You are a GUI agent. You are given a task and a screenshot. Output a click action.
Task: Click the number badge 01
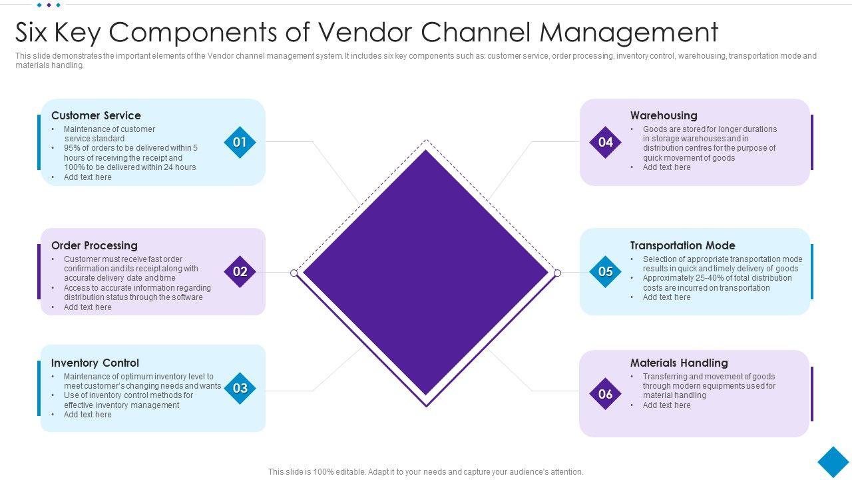click(240, 142)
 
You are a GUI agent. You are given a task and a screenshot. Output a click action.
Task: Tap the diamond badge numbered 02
click(240, 271)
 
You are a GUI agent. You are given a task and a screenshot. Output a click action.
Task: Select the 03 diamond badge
click(240, 388)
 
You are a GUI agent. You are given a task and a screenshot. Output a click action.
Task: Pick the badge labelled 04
click(605, 142)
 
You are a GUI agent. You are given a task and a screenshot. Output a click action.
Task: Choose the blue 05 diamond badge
click(605, 271)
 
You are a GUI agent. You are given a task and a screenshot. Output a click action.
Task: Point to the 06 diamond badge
click(605, 394)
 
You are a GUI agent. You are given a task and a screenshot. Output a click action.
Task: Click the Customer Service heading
click(96, 115)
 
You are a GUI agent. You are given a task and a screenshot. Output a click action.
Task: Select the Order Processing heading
click(95, 245)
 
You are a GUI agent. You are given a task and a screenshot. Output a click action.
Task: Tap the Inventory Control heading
click(95, 363)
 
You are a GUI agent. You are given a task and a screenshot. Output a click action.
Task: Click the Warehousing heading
click(664, 115)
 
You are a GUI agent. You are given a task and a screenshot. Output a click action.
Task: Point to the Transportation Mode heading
click(682, 245)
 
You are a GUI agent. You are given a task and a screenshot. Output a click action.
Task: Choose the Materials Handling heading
click(679, 363)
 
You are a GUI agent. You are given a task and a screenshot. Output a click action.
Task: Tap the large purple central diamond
click(426, 272)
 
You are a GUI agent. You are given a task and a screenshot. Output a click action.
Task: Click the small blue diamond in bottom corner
click(833, 461)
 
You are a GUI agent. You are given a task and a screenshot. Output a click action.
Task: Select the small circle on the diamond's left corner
click(294, 273)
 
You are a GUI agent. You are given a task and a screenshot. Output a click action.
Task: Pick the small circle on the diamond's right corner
click(558, 273)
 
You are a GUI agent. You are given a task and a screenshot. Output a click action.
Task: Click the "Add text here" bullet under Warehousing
click(666, 167)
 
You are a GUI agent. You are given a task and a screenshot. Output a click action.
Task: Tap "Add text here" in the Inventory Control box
click(87, 415)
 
